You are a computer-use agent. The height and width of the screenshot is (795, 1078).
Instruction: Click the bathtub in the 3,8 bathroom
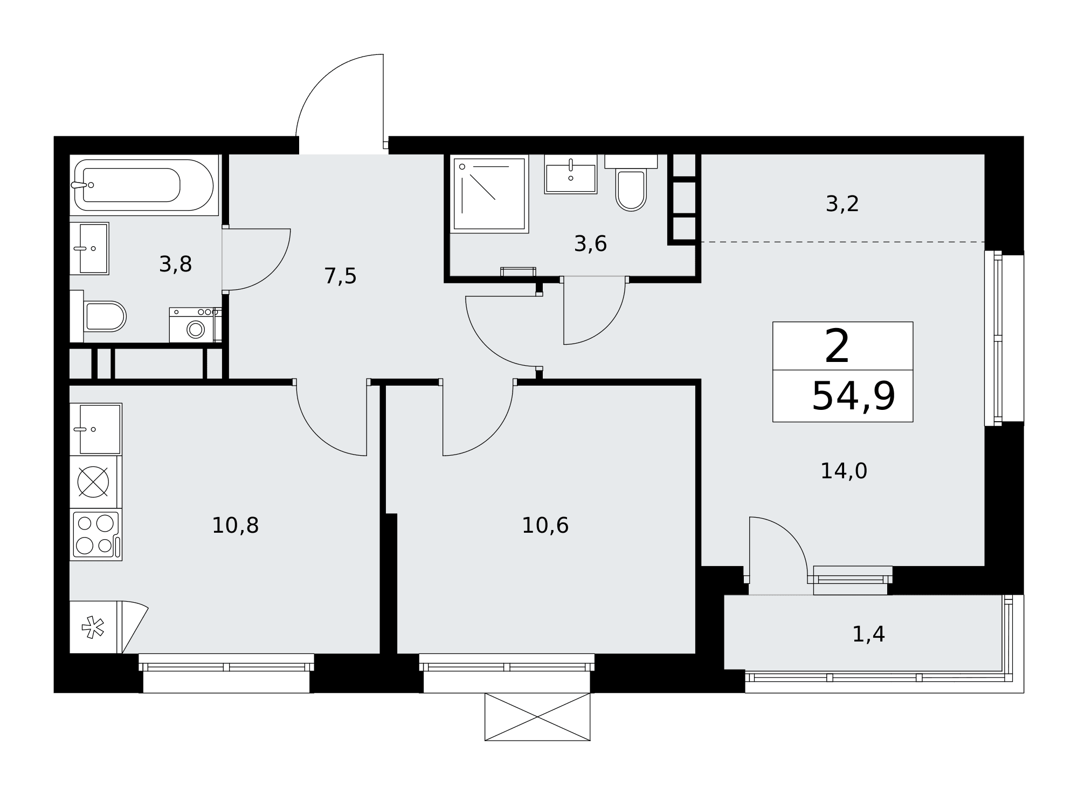[144, 185]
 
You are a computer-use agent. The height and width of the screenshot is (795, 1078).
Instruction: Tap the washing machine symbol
[196, 325]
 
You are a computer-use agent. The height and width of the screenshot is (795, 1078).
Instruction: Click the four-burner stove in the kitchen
[96, 535]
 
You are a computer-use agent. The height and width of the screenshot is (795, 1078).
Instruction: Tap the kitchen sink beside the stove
[96, 429]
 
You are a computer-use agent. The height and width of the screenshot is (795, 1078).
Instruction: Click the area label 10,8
[236, 525]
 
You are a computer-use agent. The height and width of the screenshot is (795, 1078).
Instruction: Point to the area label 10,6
[545, 525]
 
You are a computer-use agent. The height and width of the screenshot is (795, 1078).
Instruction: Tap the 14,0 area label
[844, 471]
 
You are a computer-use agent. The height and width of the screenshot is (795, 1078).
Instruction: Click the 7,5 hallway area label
[341, 276]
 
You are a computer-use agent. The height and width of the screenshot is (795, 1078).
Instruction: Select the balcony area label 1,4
[869, 634]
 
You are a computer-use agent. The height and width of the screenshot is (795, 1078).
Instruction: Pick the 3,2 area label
[842, 204]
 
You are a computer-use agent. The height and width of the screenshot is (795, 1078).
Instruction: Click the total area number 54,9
[854, 396]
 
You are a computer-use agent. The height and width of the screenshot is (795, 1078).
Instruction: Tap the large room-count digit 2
[838, 347]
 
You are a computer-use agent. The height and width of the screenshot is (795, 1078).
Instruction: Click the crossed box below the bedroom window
[537, 717]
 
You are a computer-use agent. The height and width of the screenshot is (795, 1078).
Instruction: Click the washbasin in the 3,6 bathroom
[571, 174]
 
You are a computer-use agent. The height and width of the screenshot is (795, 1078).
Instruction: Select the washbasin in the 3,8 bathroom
[89, 248]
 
